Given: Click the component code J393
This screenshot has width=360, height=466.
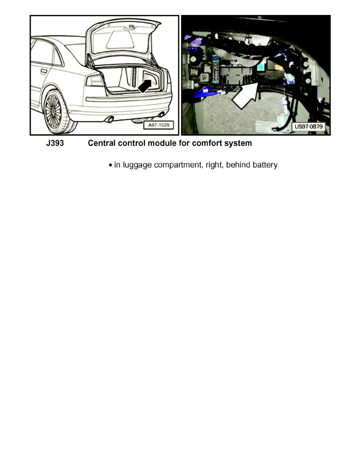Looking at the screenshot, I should coord(53,144).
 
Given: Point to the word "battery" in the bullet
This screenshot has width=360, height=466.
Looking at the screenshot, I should coord(264,165).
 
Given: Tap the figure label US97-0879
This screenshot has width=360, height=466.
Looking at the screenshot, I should coord(311,127).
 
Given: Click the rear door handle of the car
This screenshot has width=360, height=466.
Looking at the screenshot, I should coord(43,71).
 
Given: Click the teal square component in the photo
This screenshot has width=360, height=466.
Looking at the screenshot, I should coord(260,67).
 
